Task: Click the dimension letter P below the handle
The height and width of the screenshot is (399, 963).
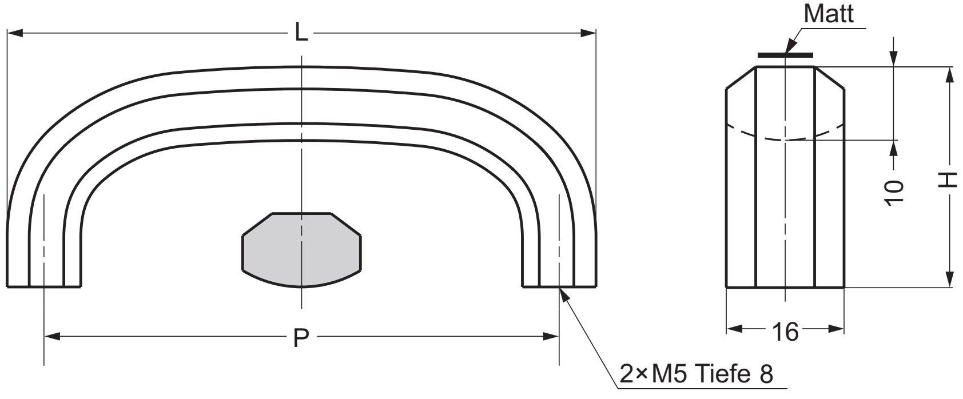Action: click(301, 338)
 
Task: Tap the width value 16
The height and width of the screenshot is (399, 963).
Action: click(785, 332)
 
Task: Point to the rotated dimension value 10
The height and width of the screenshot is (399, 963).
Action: click(894, 192)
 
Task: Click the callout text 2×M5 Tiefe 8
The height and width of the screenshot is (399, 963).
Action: click(697, 374)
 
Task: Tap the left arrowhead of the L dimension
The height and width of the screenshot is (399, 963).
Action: click(15, 33)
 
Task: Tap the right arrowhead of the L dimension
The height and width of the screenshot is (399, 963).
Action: click(588, 33)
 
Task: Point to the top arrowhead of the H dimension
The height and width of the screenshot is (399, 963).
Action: click(949, 74)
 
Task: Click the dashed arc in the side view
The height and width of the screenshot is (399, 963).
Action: click(785, 138)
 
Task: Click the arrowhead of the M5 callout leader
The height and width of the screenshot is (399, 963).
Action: click(564, 295)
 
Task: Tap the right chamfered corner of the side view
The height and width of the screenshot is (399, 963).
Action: click(829, 77)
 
